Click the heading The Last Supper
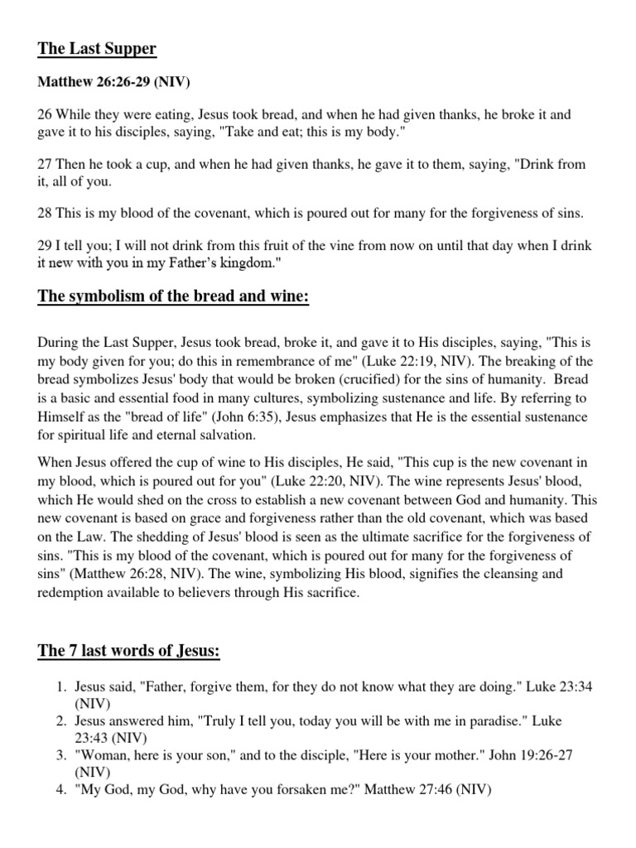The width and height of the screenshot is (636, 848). (97, 50)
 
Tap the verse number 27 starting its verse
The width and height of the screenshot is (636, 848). (46, 165)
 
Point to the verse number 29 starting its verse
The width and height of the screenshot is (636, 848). (46, 246)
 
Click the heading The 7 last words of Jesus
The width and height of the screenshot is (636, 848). (129, 651)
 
